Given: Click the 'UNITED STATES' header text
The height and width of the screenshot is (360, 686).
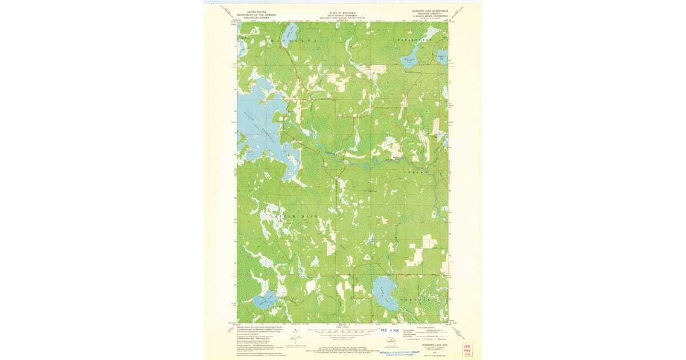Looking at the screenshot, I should point(257,11).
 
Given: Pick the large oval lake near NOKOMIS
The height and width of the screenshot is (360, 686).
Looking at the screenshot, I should point(385,293).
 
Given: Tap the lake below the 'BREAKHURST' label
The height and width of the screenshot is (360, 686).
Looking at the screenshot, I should point(412,61).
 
